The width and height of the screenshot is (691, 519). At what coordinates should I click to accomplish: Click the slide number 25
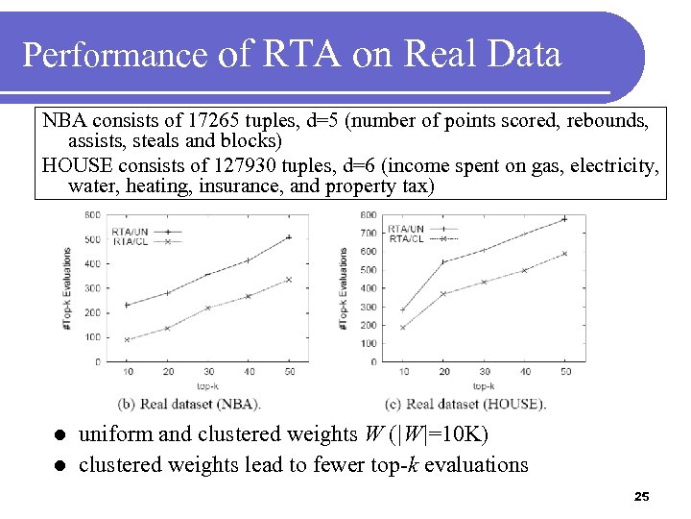[x=642, y=497]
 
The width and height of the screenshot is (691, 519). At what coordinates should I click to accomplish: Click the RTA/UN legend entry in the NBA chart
[x=129, y=232]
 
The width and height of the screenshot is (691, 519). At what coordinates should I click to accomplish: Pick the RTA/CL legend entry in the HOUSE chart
[x=405, y=238]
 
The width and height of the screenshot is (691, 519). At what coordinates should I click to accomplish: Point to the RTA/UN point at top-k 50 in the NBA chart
[x=289, y=237]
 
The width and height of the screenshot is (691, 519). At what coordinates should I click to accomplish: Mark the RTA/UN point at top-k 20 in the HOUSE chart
[x=443, y=262]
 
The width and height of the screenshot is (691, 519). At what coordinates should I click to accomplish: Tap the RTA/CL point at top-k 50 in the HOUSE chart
[x=564, y=254]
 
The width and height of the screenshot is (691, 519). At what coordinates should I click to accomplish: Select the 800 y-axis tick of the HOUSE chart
[x=368, y=214]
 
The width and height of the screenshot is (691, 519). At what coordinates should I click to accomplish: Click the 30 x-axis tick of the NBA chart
[x=208, y=372]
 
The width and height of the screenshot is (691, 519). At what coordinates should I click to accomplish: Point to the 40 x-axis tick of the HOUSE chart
[x=524, y=372]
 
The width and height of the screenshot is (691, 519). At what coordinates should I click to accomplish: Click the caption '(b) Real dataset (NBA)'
[x=189, y=403]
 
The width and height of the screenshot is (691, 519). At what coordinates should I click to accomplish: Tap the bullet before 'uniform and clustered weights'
[x=59, y=435]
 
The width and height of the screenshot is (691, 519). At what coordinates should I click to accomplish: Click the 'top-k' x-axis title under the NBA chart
[x=208, y=385]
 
